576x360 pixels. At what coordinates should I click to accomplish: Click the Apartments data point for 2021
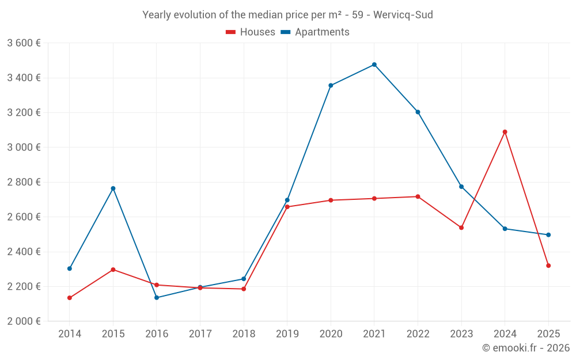[374, 65]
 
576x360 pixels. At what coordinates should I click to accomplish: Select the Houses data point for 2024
[505, 132]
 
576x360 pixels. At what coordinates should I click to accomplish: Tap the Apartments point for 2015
[113, 188]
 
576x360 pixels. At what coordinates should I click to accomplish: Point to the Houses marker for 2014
[70, 298]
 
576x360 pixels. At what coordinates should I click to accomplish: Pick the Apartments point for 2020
[331, 85]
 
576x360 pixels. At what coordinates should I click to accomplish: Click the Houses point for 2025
[548, 266]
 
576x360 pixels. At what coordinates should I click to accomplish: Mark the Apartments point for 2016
[157, 298]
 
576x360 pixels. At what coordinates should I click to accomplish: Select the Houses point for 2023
[461, 228]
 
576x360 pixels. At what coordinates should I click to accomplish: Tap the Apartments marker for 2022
[418, 112]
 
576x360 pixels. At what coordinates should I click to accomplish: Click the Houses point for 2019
[287, 207]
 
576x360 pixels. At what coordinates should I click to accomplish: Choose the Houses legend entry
[251, 32]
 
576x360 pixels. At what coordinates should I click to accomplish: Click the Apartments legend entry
[315, 32]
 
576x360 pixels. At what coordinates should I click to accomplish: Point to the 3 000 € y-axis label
[24, 147]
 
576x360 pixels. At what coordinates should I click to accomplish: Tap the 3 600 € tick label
[24, 43]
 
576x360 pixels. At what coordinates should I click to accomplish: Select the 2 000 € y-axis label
[24, 321]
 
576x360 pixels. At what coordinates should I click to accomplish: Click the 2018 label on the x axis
[244, 334]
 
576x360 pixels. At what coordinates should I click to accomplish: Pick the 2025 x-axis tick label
[548, 334]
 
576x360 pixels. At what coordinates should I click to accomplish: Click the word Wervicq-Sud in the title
[403, 15]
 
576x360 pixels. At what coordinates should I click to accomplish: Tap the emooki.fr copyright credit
[526, 348]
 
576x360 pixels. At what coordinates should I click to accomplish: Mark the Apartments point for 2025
[548, 235]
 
